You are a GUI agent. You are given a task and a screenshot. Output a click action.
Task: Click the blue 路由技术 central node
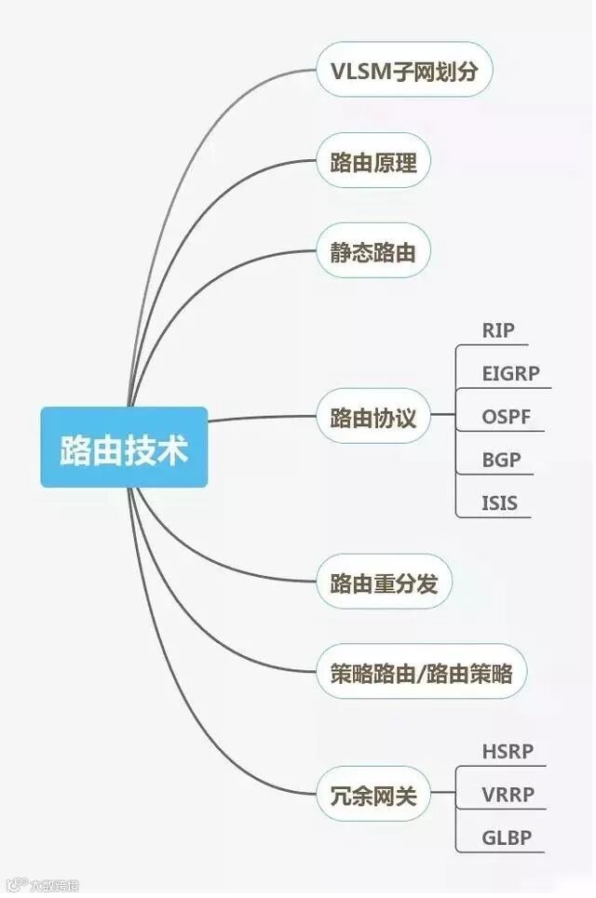[x=124, y=447]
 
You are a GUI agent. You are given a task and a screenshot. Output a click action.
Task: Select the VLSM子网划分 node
[x=403, y=70]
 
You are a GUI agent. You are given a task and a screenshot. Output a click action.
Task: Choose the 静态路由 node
[x=372, y=251]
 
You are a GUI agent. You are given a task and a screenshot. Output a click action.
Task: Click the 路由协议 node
[x=373, y=418]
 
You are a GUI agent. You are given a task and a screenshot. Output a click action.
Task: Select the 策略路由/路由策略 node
[x=421, y=671]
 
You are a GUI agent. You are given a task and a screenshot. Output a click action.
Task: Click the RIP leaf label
[x=498, y=330]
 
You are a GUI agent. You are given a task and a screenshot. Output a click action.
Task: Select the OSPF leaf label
[x=507, y=416]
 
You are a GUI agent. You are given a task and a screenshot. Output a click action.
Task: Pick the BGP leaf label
[x=501, y=460]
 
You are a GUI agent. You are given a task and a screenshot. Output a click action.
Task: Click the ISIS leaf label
[x=499, y=503]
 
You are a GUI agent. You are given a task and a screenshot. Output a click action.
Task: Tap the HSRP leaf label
[x=508, y=751]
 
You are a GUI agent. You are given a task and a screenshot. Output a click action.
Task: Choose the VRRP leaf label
[x=508, y=795]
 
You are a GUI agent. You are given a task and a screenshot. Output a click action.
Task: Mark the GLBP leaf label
[x=507, y=838]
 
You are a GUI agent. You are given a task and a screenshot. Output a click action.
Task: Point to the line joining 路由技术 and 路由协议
[x=261, y=419]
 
